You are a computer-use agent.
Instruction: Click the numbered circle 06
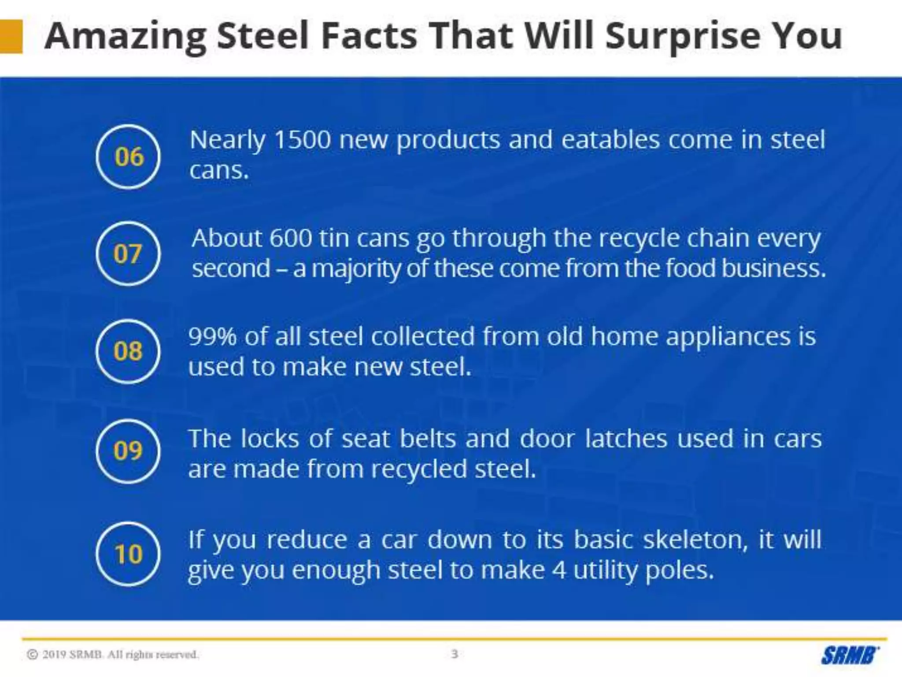coord(128,157)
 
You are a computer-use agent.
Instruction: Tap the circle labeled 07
coord(128,254)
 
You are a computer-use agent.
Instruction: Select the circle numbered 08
coord(128,351)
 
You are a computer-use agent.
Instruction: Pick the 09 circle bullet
coord(128,450)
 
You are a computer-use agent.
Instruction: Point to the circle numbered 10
coord(128,554)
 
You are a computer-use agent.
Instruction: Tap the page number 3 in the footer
coord(455,654)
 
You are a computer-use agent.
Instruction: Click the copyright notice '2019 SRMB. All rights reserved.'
coord(113,655)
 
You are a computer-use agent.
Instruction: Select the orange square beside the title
coord(11,37)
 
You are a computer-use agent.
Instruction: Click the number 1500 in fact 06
coord(302,140)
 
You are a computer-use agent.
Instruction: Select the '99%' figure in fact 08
coord(213,337)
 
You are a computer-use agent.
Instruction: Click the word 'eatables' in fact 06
coord(610,140)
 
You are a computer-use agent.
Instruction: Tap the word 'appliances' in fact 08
coord(727,337)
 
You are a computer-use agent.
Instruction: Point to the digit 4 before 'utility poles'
coord(559,570)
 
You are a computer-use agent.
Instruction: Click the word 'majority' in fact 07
coord(356,269)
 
